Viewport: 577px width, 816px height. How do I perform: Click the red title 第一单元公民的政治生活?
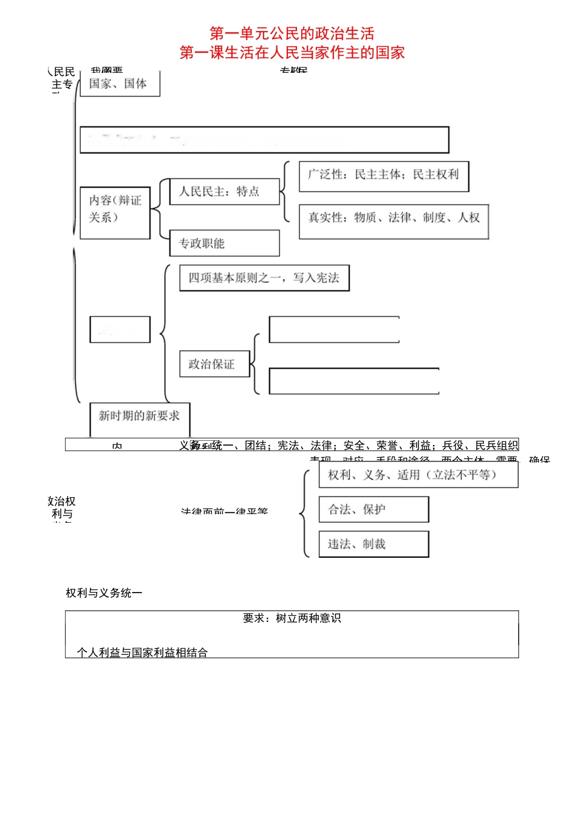point(292,33)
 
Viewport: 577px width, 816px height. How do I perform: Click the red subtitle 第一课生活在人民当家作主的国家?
point(292,53)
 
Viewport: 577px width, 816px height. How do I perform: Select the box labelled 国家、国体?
point(119,84)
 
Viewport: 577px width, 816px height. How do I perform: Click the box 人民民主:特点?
point(224,191)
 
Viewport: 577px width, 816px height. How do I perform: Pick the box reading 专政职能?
point(224,243)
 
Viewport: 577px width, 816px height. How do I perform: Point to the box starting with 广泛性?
point(383,175)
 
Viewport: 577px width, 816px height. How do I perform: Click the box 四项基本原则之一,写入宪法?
point(264,277)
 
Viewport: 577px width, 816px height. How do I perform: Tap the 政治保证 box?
point(214,364)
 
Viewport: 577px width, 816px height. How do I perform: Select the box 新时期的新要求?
point(139,416)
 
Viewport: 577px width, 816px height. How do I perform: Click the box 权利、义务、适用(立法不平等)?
point(418,475)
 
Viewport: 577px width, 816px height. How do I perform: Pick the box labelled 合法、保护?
point(374,509)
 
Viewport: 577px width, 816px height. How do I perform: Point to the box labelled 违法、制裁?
point(374,544)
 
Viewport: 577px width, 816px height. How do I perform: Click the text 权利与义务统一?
point(104,593)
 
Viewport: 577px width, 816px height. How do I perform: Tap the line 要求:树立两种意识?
point(292,618)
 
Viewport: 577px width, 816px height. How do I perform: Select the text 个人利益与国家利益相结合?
point(142,652)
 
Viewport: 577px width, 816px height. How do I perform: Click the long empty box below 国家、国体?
point(264,140)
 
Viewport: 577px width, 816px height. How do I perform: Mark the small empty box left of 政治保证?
point(120,329)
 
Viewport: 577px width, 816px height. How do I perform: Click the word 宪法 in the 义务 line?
point(288,446)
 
